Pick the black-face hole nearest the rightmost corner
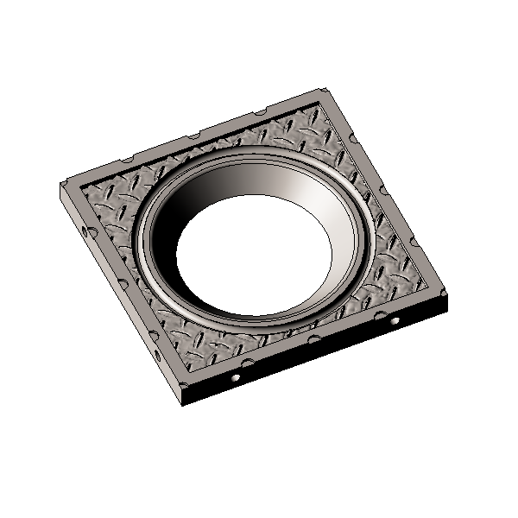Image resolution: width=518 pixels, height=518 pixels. pyautogui.click(x=395, y=320)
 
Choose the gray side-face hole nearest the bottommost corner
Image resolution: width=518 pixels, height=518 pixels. pyautogui.click(x=158, y=354)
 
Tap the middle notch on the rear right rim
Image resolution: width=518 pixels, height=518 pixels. pyautogui.click(x=388, y=193)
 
